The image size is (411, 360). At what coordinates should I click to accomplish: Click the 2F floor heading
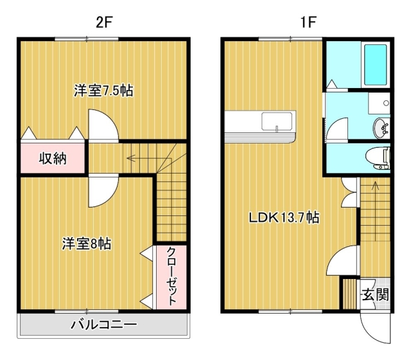point(104,22)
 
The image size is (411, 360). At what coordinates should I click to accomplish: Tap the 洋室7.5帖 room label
point(103,91)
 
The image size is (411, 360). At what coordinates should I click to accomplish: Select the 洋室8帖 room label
point(87,244)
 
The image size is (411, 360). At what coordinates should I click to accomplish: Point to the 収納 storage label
point(53,159)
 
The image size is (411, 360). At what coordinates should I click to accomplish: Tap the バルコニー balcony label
point(104,325)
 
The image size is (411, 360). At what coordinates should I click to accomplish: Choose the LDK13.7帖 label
point(284,217)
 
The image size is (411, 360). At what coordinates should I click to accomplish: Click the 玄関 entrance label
point(375,294)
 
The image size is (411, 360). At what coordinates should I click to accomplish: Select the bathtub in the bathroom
point(375,64)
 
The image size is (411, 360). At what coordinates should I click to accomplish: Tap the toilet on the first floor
point(378,159)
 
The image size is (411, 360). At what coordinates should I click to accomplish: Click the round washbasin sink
point(380,129)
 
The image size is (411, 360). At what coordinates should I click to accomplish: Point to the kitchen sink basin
point(277,121)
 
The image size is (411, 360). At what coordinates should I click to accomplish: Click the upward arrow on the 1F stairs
point(376,211)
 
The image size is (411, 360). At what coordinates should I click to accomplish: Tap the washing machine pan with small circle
point(379,103)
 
